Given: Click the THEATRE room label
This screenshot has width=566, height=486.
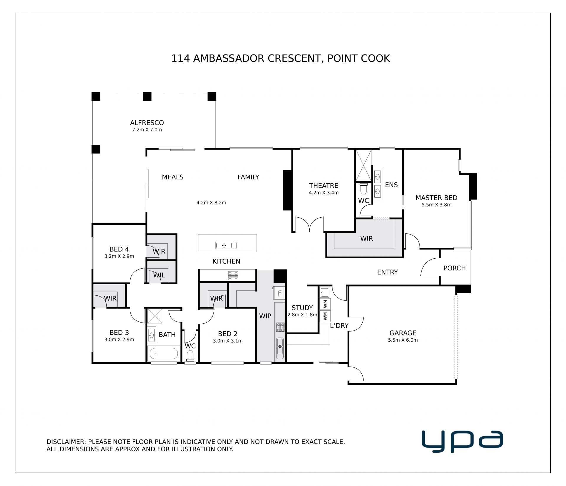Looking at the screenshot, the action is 323,186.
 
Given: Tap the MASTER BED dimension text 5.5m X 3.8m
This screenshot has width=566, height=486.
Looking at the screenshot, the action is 436,205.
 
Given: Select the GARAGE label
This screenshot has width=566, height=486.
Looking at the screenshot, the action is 403,333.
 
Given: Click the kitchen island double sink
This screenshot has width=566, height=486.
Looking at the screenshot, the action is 226,245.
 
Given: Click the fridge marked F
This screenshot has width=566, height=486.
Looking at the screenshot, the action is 279,293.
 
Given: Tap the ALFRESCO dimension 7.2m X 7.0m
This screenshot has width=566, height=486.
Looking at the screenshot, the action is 147,130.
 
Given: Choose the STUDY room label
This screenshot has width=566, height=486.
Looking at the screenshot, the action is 302,308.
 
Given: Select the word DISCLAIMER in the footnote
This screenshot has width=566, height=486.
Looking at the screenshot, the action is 66,442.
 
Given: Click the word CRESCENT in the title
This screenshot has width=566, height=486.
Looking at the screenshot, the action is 294,58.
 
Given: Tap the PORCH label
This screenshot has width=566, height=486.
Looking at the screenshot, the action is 455,268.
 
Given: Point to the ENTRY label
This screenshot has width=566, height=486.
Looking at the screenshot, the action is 387,272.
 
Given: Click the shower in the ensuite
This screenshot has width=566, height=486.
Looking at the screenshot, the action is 363,165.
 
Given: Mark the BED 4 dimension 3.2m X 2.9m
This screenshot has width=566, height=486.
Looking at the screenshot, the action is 119,256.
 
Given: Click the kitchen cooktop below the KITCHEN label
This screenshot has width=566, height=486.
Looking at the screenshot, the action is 233,275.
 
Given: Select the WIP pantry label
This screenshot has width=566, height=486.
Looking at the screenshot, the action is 265,316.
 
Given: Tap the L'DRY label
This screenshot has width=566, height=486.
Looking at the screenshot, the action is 339,325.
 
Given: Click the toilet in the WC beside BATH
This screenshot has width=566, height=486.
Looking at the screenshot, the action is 190,356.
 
